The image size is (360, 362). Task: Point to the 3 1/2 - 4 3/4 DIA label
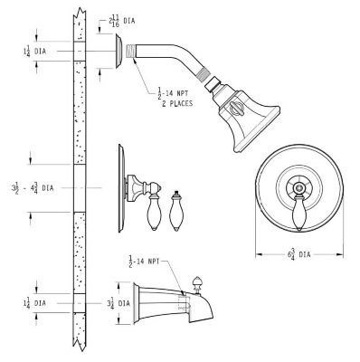pyautogui.click(x=33, y=189)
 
